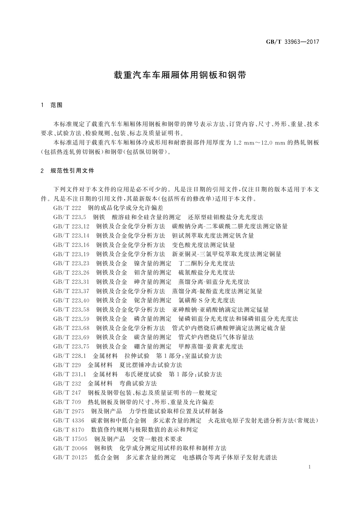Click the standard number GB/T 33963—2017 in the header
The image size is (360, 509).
(293, 42)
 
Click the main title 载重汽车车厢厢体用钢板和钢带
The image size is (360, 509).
(180, 75)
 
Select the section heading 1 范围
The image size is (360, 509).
(52, 105)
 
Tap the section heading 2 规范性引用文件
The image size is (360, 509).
(67, 171)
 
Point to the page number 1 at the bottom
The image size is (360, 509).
(310, 467)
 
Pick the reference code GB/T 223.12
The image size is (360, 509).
(71, 226)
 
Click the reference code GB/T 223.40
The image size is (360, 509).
(71, 300)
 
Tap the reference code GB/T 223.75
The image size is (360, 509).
(71, 347)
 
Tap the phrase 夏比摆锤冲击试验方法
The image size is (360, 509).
(151, 365)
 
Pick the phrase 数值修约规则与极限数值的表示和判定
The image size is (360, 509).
(144, 430)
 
